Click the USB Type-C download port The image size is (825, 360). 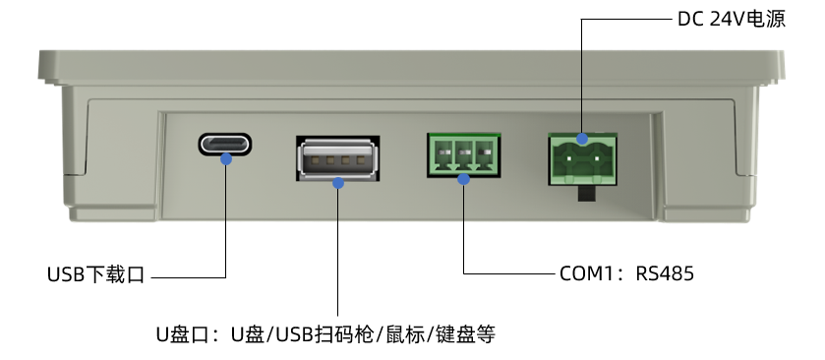[225, 144]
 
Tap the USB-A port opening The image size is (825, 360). [338, 158]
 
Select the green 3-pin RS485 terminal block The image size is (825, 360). [463, 155]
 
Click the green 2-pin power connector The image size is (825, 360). [582, 159]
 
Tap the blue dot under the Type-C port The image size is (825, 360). [226, 158]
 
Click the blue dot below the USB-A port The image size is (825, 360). [338, 183]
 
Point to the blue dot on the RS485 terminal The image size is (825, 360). [463, 179]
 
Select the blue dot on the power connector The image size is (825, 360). [582, 139]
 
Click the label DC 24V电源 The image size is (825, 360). [732, 20]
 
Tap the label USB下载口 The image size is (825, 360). [95, 274]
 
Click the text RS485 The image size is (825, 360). [665, 273]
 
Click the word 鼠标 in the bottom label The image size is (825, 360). [405, 334]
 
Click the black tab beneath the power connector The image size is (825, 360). [590, 193]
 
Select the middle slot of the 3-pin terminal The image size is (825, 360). [463, 154]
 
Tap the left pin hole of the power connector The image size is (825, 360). [568, 157]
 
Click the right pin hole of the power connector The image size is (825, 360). [597, 157]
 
